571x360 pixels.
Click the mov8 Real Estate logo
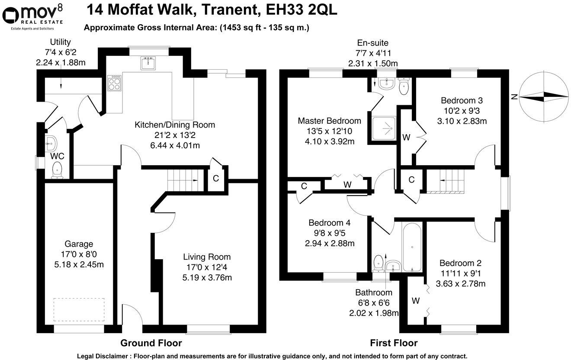click(33, 16)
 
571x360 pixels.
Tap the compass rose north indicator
click(544, 96)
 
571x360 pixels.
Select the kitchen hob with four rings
click(115, 83)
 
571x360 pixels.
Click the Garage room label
click(79, 244)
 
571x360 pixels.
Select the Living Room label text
click(207, 257)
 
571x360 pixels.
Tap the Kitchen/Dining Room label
click(175, 125)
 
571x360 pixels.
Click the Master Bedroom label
click(329, 121)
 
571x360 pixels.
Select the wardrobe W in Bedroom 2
click(416, 300)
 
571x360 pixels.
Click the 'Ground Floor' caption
click(151, 343)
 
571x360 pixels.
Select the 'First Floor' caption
click(394, 343)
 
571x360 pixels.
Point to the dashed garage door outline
click(79, 309)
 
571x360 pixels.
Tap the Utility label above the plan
click(61, 42)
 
